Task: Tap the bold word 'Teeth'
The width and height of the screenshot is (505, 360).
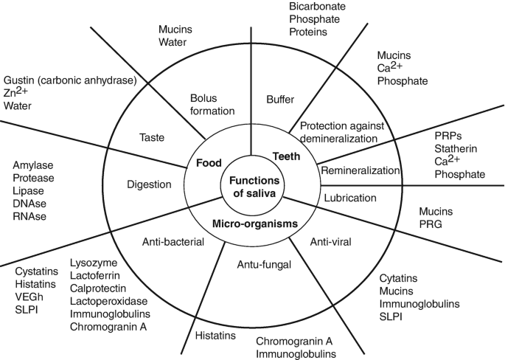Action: click(286, 156)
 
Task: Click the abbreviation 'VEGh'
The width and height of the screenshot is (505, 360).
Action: click(29, 296)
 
